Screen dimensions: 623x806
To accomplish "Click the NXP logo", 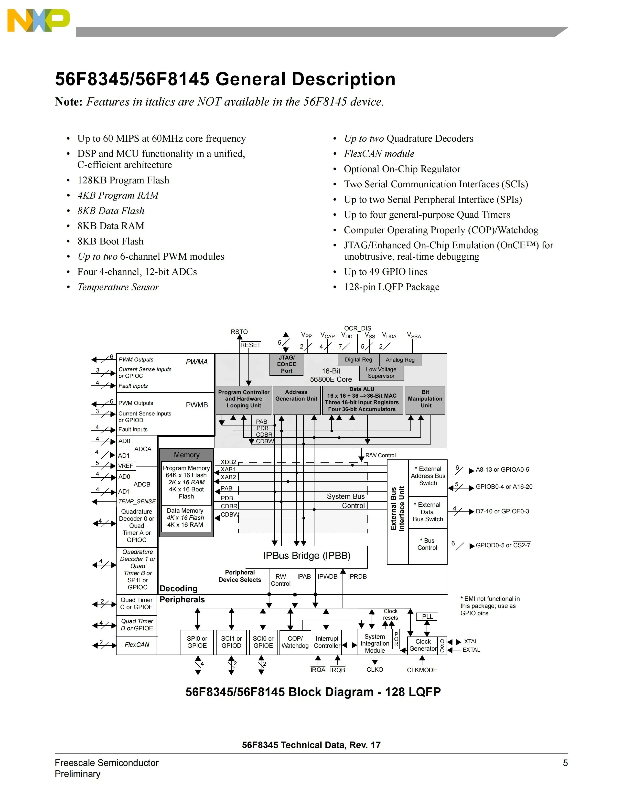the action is tap(38, 21).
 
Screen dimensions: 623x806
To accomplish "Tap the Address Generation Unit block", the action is tap(296, 400).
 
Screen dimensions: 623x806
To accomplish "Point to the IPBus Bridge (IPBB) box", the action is tap(307, 557).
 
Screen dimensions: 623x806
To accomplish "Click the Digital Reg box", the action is tap(358, 360).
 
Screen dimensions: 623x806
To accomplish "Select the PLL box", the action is tap(427, 617).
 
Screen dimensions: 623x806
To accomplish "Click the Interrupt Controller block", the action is tap(327, 642).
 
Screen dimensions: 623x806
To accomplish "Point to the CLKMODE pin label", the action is tap(422, 670).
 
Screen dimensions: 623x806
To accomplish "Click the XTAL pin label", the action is tap(471, 641).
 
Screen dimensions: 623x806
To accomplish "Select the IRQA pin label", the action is tap(318, 670).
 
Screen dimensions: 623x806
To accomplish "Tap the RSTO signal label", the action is tap(239, 331).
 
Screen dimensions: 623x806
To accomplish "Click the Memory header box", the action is tap(186, 455).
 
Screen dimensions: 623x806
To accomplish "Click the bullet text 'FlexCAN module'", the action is tap(379, 154).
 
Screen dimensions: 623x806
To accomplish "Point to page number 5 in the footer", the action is tap(565, 763).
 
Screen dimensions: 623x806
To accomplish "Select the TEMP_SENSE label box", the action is tap(137, 501).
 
